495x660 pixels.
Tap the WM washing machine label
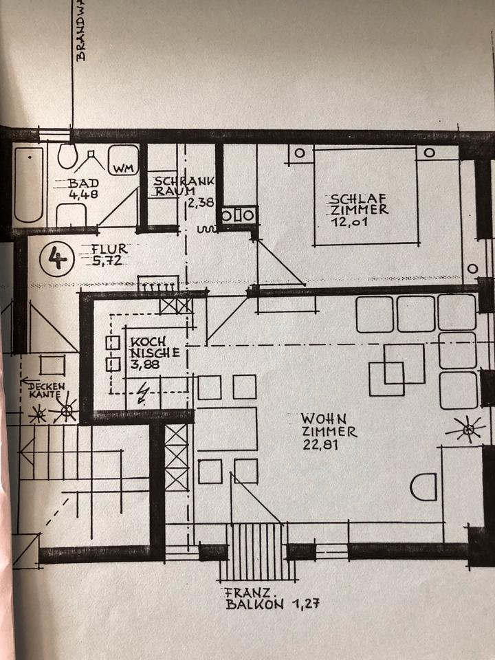point(123,168)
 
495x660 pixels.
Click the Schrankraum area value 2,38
point(201,203)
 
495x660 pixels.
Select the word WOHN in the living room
point(323,418)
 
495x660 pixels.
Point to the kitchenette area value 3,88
point(145,365)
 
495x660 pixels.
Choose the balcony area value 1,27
point(303,606)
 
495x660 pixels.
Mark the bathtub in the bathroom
point(29,184)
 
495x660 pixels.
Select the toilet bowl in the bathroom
point(67,156)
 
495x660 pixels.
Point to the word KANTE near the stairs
point(46,397)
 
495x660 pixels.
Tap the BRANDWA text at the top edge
point(82,31)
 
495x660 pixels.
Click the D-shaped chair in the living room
point(423,487)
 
